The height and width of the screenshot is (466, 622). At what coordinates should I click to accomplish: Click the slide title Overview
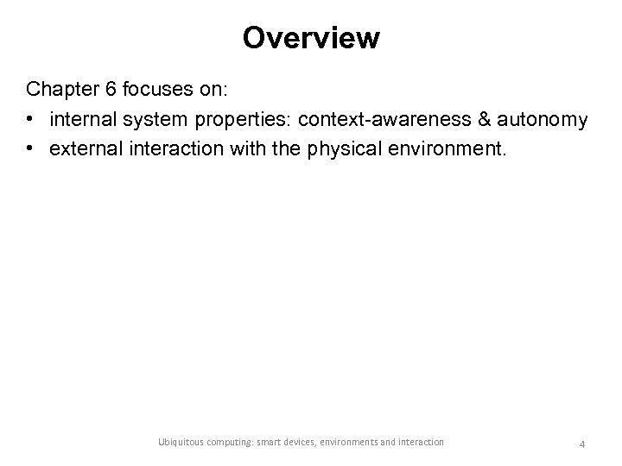click(x=311, y=38)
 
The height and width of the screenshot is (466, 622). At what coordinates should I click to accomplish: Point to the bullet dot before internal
click(x=32, y=119)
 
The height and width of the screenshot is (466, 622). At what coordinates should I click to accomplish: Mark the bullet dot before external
click(x=32, y=149)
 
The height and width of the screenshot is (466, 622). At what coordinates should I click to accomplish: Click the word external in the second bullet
click(x=86, y=149)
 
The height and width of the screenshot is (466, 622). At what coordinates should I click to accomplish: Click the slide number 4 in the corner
click(x=582, y=444)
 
